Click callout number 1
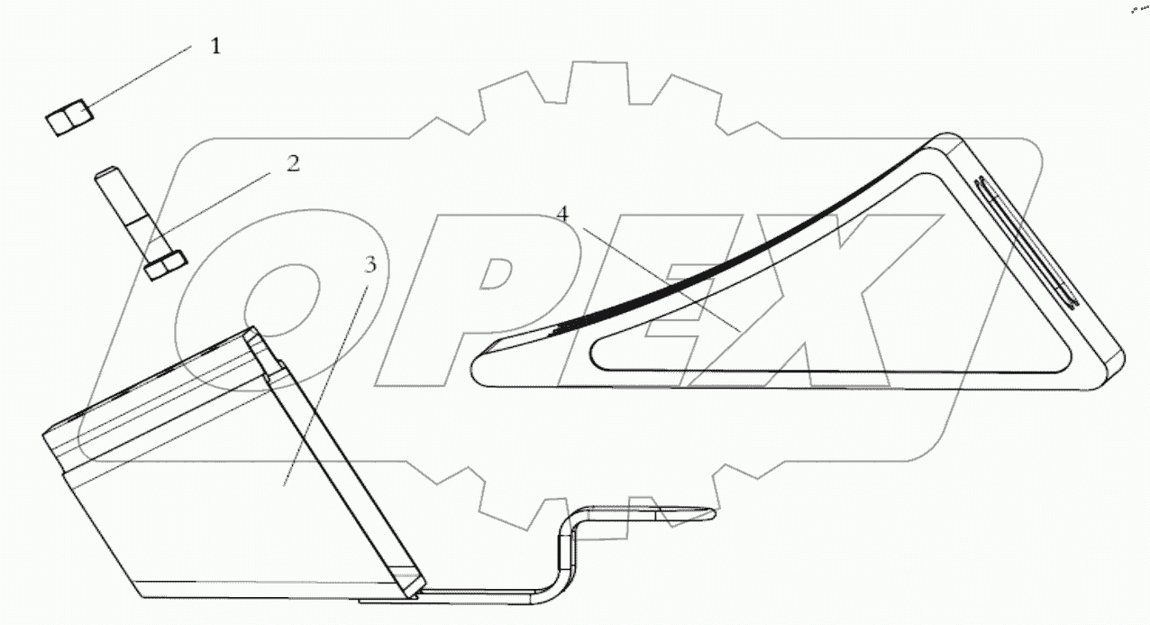tap(215, 46)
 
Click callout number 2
tap(293, 163)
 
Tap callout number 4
tap(562, 215)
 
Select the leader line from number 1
tap(140, 78)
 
